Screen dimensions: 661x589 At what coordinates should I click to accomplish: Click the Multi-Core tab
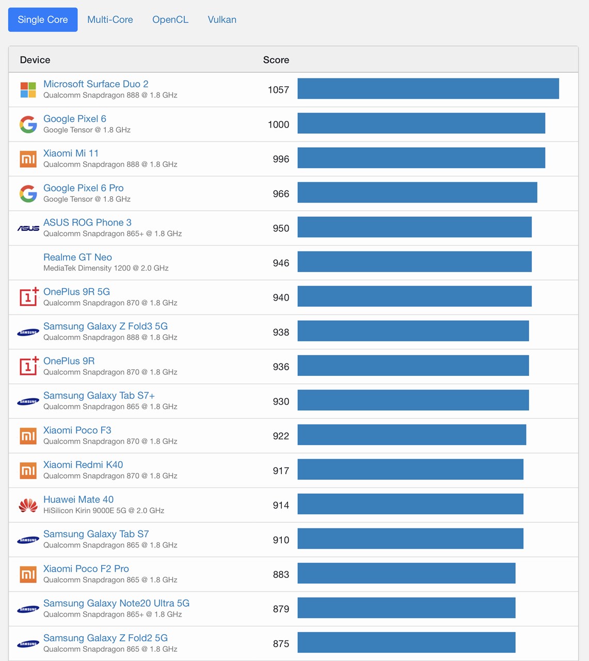(110, 20)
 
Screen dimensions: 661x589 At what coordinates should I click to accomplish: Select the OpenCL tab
(170, 20)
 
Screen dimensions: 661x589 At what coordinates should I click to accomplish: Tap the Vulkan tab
(222, 20)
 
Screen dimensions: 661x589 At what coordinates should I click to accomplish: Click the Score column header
(276, 60)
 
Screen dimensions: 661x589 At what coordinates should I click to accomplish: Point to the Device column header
(35, 60)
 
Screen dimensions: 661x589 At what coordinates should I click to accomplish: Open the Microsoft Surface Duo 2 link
(96, 84)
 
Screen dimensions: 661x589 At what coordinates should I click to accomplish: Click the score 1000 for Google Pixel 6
(278, 124)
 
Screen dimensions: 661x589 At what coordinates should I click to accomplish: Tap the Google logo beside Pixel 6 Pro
(28, 194)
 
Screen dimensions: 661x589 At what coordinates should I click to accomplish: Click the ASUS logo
(28, 228)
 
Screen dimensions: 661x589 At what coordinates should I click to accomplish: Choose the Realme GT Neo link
(77, 257)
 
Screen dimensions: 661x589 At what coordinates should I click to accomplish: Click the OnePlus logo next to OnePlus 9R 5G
(29, 297)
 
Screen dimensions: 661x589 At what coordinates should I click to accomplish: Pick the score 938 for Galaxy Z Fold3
(281, 332)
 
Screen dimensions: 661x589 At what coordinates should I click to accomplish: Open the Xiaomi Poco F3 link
(77, 430)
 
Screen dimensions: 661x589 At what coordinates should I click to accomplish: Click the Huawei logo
(28, 505)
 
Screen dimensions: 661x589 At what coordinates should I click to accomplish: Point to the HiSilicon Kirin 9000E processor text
(104, 511)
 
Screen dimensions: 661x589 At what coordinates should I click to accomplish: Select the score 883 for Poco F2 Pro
(281, 574)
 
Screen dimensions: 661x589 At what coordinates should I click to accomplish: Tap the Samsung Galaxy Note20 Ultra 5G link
(116, 603)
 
